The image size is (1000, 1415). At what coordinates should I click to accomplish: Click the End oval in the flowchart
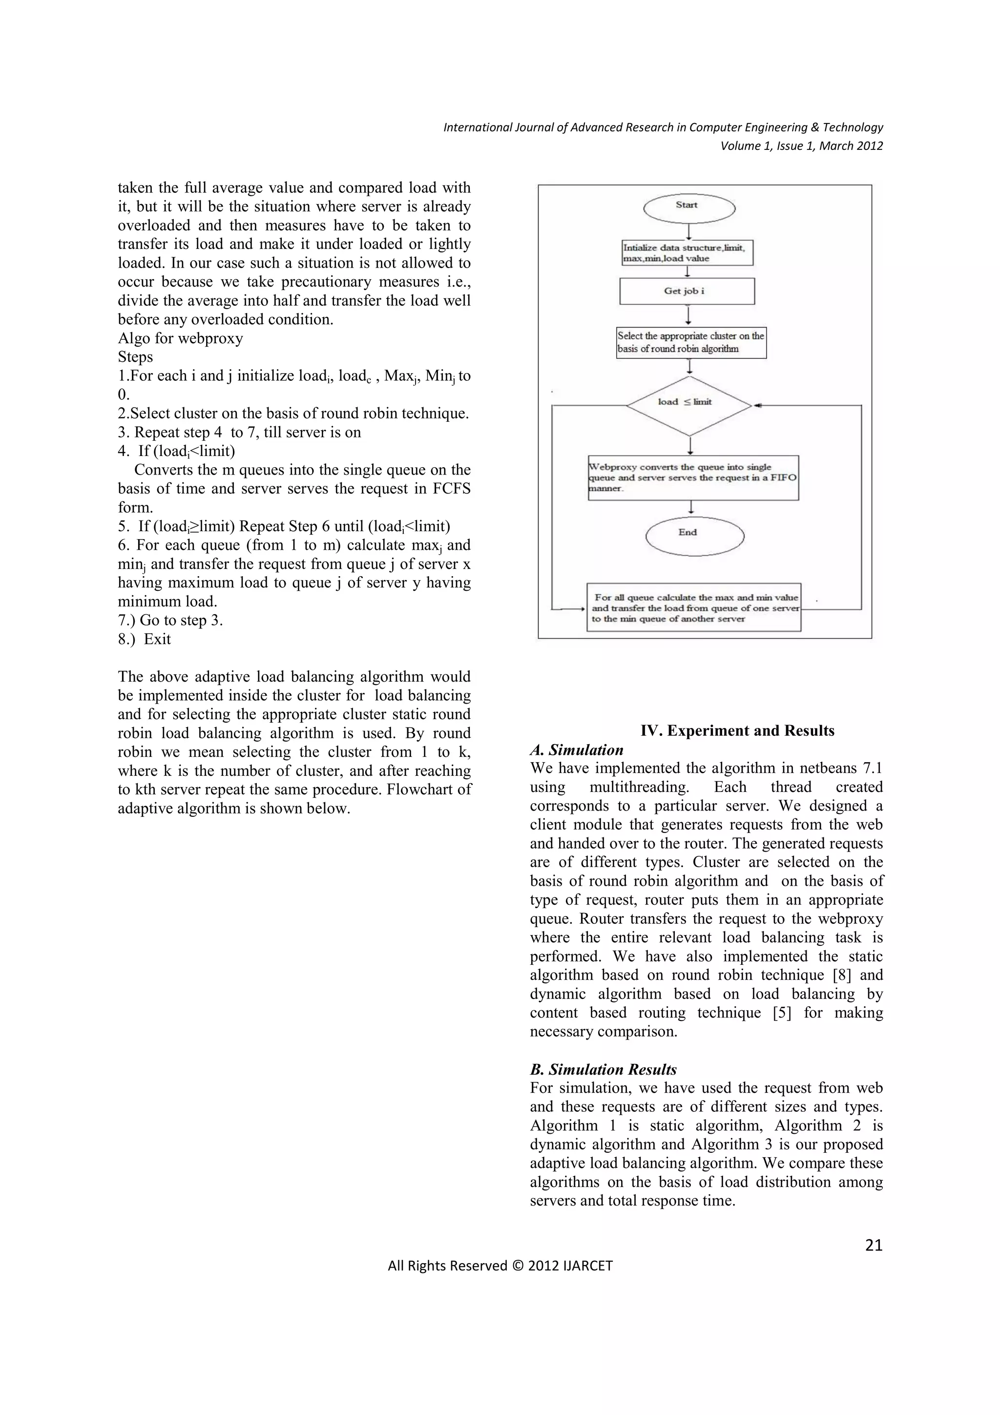click(694, 535)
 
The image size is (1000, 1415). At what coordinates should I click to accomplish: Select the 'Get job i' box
click(687, 291)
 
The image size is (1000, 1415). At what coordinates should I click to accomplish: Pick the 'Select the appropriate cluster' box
click(691, 343)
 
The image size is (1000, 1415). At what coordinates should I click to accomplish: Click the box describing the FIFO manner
click(693, 478)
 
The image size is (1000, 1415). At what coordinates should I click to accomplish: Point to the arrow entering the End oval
click(692, 508)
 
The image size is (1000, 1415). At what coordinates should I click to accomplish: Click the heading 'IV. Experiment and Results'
click(737, 730)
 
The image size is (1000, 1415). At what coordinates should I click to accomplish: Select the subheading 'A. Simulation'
click(577, 749)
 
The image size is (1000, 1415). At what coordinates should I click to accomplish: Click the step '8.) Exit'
click(145, 639)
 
